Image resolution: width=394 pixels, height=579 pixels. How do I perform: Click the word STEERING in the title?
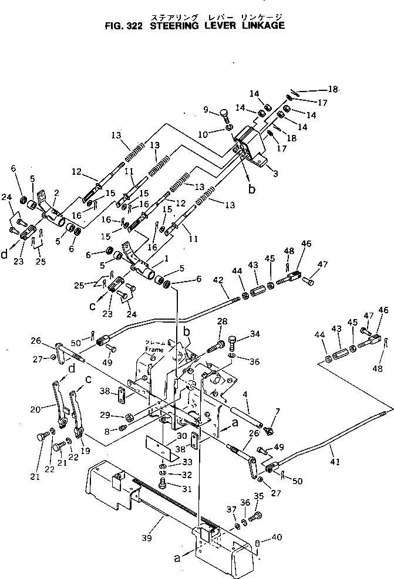pyautogui.click(x=171, y=26)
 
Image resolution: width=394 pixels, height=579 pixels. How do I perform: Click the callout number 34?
pyautogui.click(x=255, y=335)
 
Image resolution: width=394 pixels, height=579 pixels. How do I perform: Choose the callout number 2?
pyautogui.click(x=57, y=192)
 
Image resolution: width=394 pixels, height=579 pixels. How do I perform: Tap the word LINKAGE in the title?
pyautogui.click(x=263, y=26)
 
